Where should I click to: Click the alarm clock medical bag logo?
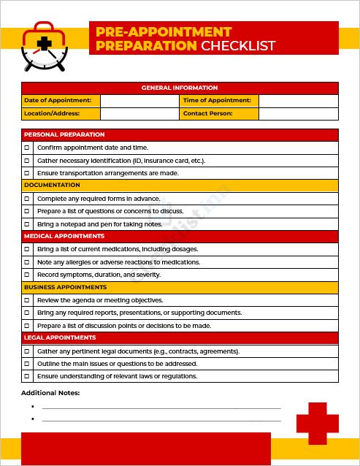click(45, 46)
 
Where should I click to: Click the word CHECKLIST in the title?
click(238, 46)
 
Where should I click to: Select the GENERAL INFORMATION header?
click(180, 88)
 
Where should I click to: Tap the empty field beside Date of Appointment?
click(139, 101)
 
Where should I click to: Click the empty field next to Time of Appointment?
click(299, 101)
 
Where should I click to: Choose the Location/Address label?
click(51, 114)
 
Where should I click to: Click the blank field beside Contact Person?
click(299, 114)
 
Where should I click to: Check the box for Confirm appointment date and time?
click(28, 148)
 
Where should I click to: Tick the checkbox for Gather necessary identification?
click(28, 161)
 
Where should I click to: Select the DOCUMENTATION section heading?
click(52, 186)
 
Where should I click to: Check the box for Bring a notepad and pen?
click(28, 224)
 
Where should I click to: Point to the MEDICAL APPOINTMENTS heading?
click(64, 237)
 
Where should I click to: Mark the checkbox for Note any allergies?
click(28, 262)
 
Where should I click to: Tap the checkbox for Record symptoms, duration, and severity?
click(28, 275)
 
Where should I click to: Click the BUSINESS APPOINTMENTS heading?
click(65, 287)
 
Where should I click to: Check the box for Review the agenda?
click(28, 300)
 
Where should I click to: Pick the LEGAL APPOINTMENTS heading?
click(59, 338)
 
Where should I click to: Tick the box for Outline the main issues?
click(28, 364)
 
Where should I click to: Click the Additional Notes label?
click(50, 393)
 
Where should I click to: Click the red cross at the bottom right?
click(318, 424)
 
